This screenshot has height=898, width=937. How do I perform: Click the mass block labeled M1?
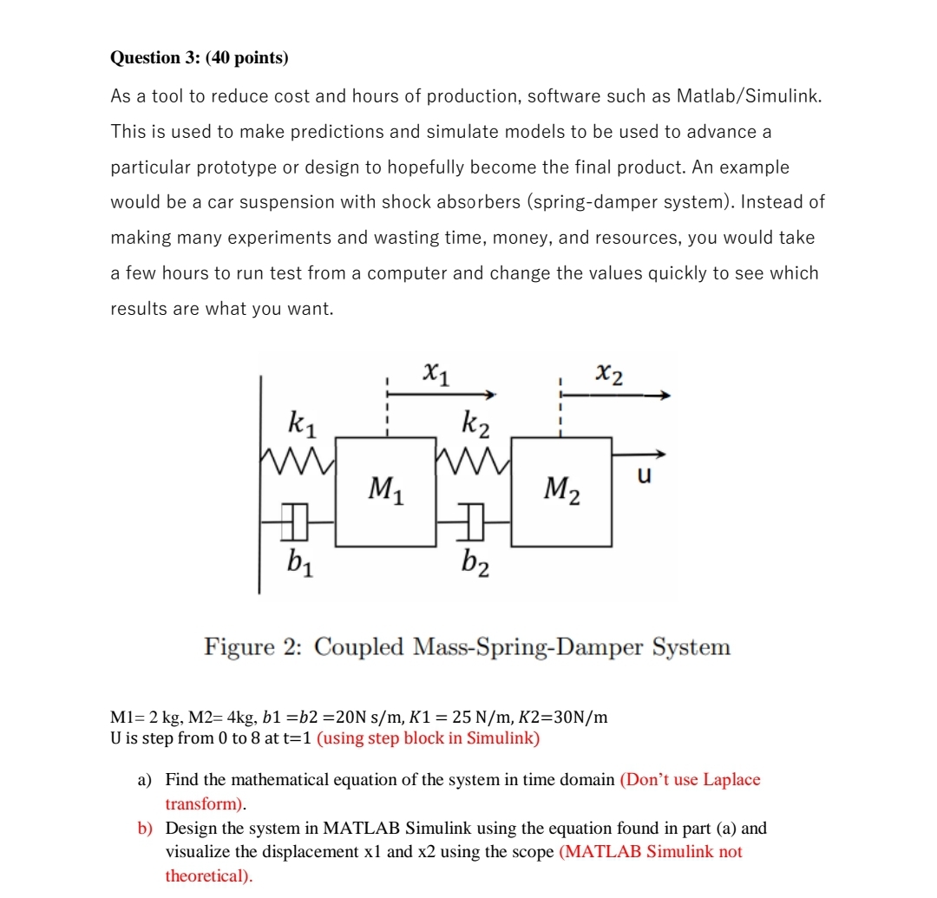pyautogui.click(x=385, y=492)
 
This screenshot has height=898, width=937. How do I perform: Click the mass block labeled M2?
pyautogui.click(x=561, y=492)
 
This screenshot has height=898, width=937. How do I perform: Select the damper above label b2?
pyautogui.click(x=473, y=521)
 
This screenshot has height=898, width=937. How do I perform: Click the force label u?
pyautogui.click(x=644, y=476)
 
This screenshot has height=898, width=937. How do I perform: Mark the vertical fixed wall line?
pyautogui.click(x=259, y=486)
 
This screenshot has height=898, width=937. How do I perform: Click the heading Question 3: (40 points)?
pyautogui.click(x=200, y=58)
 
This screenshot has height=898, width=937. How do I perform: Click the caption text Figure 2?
pyautogui.click(x=253, y=647)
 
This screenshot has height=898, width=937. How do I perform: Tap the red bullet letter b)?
pyautogui.click(x=146, y=828)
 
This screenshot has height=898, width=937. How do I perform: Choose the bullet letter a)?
pyautogui.click(x=146, y=779)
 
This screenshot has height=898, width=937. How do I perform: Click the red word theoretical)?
pyautogui.click(x=208, y=875)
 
